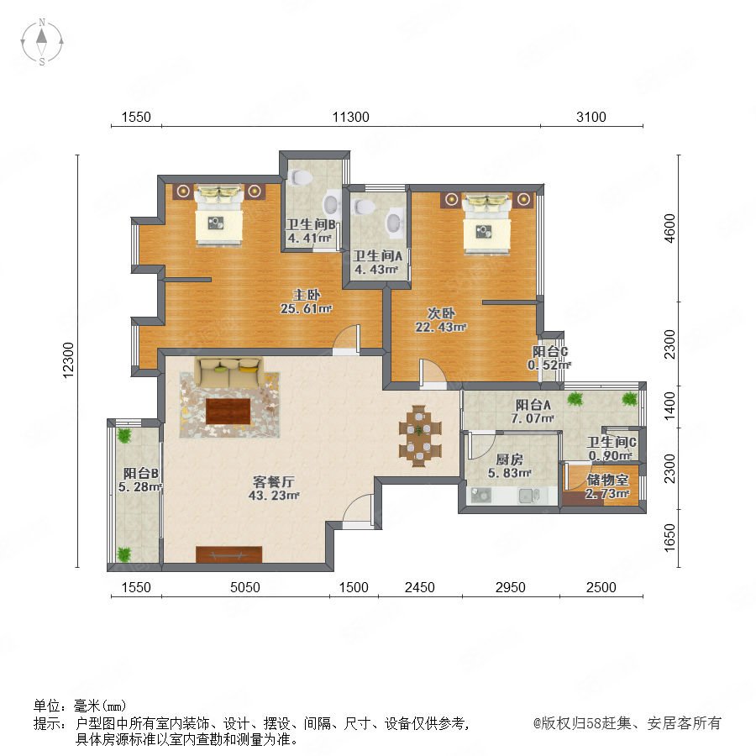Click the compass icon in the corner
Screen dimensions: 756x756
point(42,42)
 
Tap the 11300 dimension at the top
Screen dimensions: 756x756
point(350,117)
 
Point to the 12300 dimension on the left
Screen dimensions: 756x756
point(69,360)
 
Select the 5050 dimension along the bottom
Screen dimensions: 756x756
point(245,587)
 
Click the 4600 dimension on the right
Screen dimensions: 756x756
point(669,228)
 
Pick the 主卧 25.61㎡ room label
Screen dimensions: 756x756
point(306,302)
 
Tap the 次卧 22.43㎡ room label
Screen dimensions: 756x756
point(441,320)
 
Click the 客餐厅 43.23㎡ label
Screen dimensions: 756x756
point(274,488)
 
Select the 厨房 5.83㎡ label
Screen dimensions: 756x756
point(510,466)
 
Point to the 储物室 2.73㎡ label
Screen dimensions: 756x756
point(607,486)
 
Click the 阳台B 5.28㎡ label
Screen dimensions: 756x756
point(140,480)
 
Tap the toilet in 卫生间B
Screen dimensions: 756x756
point(301,177)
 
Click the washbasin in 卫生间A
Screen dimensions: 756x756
point(396,223)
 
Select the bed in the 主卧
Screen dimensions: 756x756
point(218,214)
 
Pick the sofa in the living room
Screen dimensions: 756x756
point(229,373)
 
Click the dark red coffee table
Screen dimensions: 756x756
point(228,412)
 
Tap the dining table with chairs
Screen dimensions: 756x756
point(420,435)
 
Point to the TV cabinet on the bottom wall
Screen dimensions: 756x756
point(228,554)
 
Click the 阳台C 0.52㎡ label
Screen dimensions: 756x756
point(549,358)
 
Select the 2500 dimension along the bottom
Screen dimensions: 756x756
point(601,587)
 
